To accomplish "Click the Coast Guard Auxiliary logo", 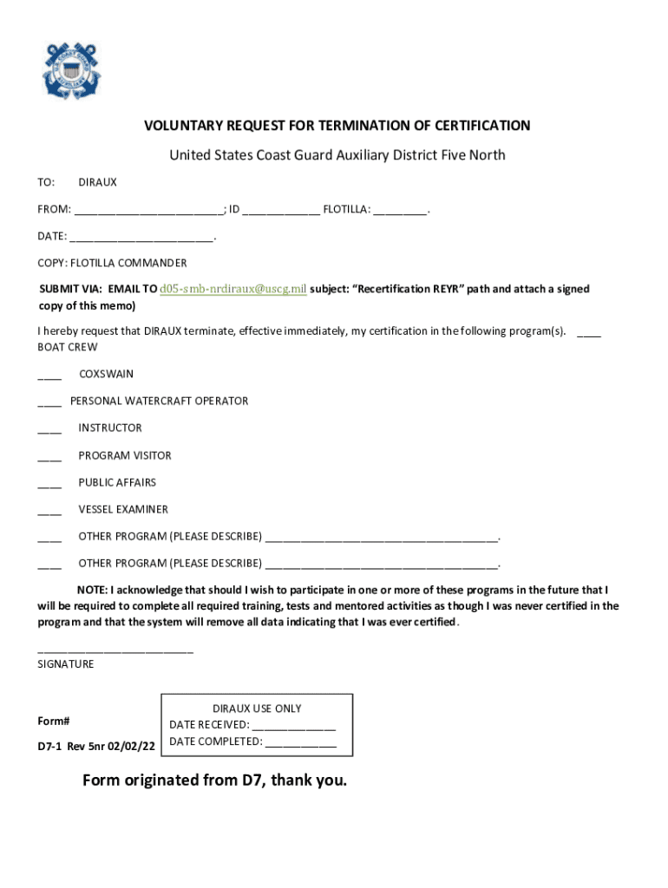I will (71, 70).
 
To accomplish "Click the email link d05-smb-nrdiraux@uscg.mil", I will (233, 289).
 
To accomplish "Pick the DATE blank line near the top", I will (141, 237).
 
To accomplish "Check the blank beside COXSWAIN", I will (49, 376).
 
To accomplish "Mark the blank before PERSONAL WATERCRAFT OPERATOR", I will (49, 403).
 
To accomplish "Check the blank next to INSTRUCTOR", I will (49, 430).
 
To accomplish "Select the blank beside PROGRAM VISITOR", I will (49, 457).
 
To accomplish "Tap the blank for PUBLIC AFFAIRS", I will (49, 484).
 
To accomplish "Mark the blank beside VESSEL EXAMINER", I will (49, 511).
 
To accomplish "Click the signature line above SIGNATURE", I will (115, 650).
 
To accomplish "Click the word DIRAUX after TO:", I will (97, 183).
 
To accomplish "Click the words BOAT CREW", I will (68, 347).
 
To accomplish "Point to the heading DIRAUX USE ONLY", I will (257, 708).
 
